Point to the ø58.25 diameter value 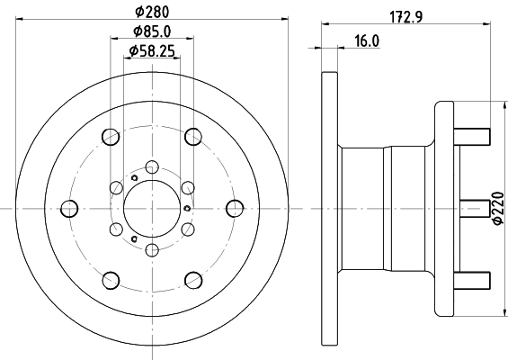pos(150,52)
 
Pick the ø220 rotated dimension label pos(496,207)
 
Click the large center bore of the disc pos(152,208)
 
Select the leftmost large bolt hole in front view pos(68,209)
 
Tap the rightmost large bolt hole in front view pos(236,208)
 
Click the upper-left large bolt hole pos(111,137)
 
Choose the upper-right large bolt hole pos(193,137)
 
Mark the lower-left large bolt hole pos(111,279)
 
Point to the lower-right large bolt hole pos(193,279)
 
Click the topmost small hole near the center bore pos(152,166)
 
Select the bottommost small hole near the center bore pos(152,249)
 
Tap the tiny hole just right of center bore pos(185,209)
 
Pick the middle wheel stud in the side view pos(474,208)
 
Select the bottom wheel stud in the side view pos(474,279)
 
